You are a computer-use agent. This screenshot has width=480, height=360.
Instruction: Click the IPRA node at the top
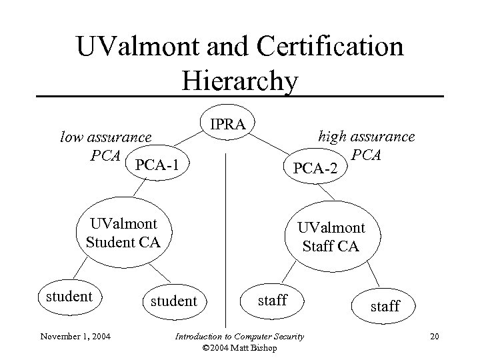(227, 124)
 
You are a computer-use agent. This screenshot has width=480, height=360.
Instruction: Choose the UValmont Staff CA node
(331, 237)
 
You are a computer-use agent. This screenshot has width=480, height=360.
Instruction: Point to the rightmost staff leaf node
(385, 306)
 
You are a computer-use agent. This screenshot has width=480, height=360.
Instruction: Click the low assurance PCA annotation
(105, 146)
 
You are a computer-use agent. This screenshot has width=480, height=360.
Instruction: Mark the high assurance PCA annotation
(366, 146)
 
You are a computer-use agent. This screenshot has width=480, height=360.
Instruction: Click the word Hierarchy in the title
(239, 81)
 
